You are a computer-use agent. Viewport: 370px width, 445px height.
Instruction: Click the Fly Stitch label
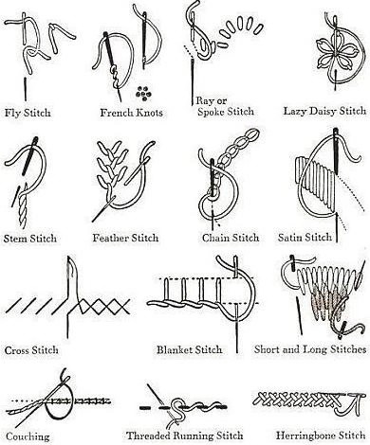[x=28, y=113]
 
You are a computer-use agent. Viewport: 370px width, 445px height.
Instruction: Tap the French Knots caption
[x=131, y=113]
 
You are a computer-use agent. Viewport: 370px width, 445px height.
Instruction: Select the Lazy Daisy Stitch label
[x=324, y=112]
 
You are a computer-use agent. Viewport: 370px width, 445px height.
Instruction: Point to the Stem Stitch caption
[x=30, y=239]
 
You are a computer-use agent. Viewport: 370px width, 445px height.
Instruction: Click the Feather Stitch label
[x=125, y=238]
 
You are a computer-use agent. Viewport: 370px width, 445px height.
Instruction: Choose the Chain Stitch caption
[x=231, y=238]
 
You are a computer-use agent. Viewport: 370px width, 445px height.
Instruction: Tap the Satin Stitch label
[x=305, y=237]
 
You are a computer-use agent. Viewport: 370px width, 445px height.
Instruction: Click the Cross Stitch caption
[x=31, y=350]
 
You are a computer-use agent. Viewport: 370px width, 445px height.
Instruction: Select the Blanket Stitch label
[x=190, y=349]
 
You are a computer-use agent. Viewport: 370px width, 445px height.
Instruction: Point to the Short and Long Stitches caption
[x=310, y=349]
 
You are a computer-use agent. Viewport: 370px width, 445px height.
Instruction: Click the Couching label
[x=28, y=436]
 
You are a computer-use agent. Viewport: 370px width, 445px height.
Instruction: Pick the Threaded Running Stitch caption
[x=185, y=436]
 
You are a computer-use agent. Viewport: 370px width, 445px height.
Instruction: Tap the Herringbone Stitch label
[x=321, y=436]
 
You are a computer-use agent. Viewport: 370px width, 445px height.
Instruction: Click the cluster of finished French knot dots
[x=143, y=94]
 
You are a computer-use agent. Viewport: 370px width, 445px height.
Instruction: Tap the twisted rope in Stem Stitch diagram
[x=23, y=205]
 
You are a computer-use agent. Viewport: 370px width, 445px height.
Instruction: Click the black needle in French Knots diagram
[x=109, y=49]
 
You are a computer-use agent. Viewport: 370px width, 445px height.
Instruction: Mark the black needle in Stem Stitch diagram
[x=30, y=155]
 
